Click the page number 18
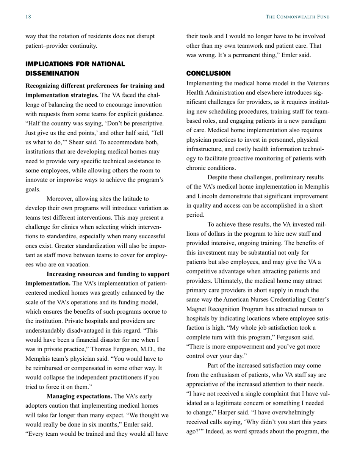tap(28, 17)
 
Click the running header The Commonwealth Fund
tap(297, 17)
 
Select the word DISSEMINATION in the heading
tap(52, 73)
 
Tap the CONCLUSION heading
tap(208, 73)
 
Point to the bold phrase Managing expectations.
tap(79, 396)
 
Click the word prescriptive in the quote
tap(146, 123)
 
